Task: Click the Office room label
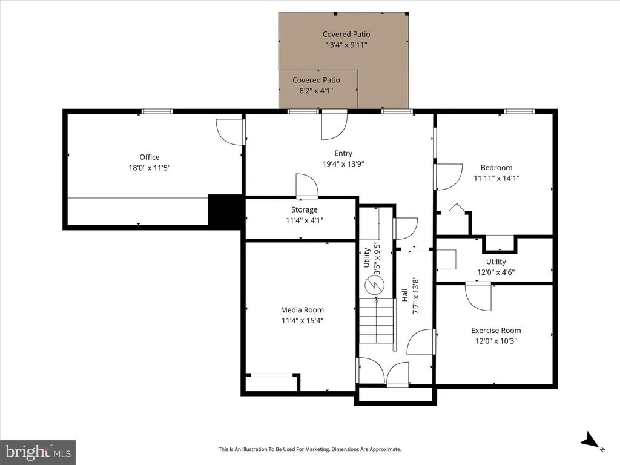click(150, 157)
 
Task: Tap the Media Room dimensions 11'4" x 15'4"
click(302, 321)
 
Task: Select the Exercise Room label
click(496, 330)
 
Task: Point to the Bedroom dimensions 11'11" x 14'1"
click(496, 178)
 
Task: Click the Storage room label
click(305, 210)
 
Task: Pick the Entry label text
click(343, 153)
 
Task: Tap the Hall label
click(405, 295)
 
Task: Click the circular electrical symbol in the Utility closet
click(374, 285)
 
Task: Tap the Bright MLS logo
click(38, 452)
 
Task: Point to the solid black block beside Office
click(225, 211)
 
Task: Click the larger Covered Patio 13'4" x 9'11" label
click(346, 39)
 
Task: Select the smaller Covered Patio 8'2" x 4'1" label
click(316, 85)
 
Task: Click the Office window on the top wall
click(157, 111)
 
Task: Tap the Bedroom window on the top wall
click(519, 111)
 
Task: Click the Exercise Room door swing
click(478, 296)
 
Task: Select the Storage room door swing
click(307, 185)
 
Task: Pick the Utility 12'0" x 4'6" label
click(496, 267)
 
